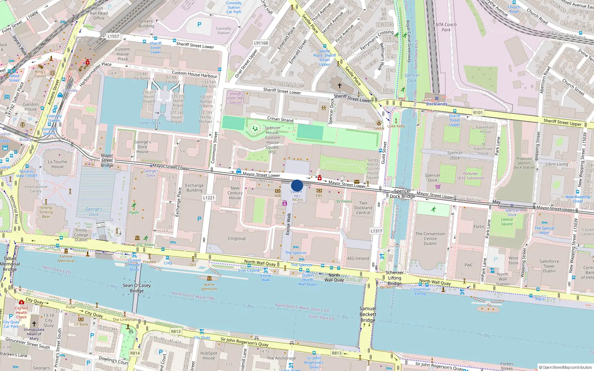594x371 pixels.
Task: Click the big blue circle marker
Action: coord(297,185)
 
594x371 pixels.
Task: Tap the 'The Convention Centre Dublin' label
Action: coord(430,239)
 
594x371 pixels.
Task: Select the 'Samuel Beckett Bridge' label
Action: coord(368,314)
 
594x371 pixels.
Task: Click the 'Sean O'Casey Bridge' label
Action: coord(137,288)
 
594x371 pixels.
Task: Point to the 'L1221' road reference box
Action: coord(209,198)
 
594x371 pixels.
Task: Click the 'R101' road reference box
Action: coord(478,112)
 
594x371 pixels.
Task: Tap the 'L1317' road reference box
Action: coord(376,231)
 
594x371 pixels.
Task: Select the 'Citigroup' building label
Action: coord(236,239)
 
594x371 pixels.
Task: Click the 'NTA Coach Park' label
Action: coord(446,27)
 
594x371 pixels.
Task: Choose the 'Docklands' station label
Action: coord(437,104)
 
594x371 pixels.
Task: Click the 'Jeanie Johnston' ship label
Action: coord(209,287)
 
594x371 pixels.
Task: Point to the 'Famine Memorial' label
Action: coord(66,259)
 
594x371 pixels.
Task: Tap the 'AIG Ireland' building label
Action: coord(358,258)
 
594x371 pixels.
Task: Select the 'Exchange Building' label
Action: coord(195,188)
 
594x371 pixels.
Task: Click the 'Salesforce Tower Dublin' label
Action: coord(549,266)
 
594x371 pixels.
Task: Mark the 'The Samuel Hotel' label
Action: coord(545,230)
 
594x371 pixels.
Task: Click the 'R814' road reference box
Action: coord(135,353)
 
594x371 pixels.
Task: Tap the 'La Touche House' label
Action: coord(58,164)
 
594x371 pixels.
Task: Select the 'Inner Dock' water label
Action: coord(150,123)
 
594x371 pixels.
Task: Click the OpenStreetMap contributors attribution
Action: coord(565,367)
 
